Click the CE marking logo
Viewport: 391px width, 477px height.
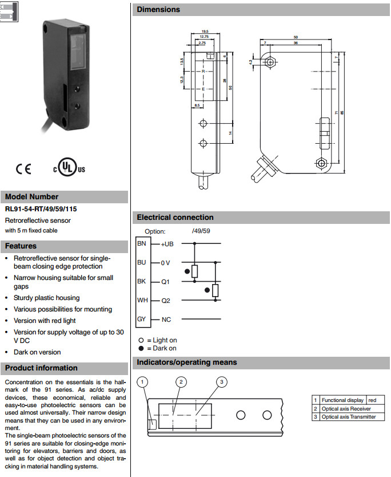tap(24, 169)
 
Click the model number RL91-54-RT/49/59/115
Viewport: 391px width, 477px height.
tap(41, 209)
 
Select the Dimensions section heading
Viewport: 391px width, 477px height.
tap(158, 9)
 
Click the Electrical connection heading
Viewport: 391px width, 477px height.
tap(175, 218)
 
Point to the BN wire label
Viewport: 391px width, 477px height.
tap(142, 243)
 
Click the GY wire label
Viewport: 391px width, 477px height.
tap(142, 319)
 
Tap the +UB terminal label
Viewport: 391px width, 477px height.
tap(167, 244)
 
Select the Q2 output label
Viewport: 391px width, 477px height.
tap(166, 300)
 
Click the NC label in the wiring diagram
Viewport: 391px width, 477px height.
tap(166, 320)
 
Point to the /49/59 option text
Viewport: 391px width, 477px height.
tap(201, 231)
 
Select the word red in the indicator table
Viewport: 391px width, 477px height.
tap(373, 400)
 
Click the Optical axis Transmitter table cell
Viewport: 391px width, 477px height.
tap(349, 417)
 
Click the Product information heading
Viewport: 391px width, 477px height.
tap(41, 368)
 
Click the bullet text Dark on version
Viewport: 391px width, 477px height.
tap(37, 352)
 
